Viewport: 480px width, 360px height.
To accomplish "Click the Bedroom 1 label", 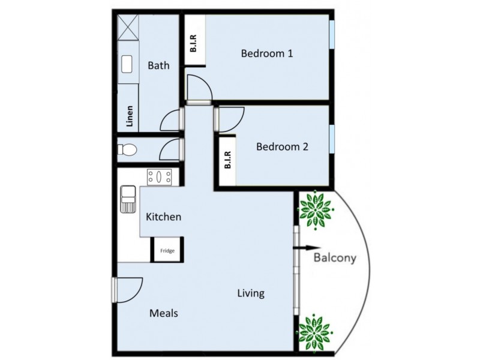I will [x=267, y=53].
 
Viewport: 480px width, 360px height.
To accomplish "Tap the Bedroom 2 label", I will [x=282, y=146].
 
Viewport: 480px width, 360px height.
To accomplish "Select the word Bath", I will [x=158, y=65].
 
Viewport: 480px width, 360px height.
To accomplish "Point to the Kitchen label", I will [x=164, y=217].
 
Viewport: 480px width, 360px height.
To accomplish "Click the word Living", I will [x=251, y=293].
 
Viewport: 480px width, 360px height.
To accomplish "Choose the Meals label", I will [x=164, y=313].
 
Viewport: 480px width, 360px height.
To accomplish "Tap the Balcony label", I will [x=335, y=259].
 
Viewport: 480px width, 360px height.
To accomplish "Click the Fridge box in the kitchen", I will [x=167, y=250].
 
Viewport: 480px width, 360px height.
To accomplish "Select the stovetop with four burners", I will [x=160, y=177].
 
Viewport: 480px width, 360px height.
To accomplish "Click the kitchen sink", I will [x=128, y=199].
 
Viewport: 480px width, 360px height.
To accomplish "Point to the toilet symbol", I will [x=128, y=149].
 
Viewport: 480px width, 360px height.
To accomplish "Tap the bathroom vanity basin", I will [x=127, y=64].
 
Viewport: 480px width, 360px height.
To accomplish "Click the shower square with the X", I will [x=128, y=27].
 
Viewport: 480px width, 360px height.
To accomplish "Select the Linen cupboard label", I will [x=129, y=116].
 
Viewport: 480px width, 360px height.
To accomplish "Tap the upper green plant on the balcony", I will [x=316, y=209].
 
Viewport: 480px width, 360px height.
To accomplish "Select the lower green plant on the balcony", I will [x=315, y=332].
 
